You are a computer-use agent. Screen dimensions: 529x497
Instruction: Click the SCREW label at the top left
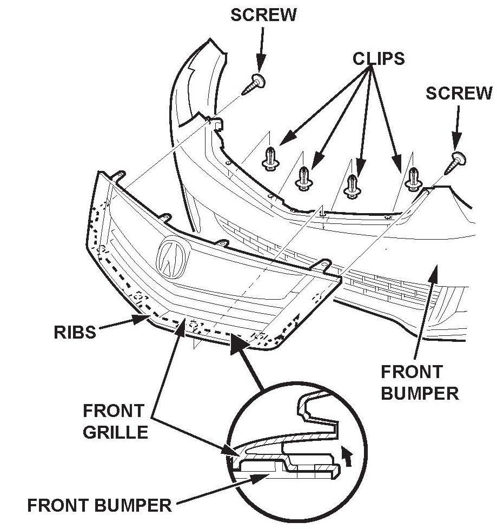pyautogui.click(x=263, y=15)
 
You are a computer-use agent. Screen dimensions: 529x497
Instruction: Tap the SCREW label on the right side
pyautogui.click(x=459, y=93)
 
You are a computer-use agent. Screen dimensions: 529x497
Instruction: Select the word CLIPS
pyautogui.click(x=379, y=58)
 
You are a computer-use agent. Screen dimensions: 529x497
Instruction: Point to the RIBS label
pyautogui.click(x=75, y=332)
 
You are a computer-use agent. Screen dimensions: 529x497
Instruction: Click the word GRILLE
pyautogui.click(x=115, y=432)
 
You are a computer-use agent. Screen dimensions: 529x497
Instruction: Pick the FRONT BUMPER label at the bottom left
pyautogui.click(x=99, y=506)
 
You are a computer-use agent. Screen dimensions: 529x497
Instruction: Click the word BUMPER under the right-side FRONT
pyautogui.click(x=419, y=393)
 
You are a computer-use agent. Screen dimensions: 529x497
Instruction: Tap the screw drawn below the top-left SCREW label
pyautogui.click(x=254, y=84)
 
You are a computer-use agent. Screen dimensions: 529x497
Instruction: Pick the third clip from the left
pyautogui.click(x=353, y=184)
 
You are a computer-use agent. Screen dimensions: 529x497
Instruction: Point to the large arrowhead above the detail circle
pyautogui.click(x=238, y=346)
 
